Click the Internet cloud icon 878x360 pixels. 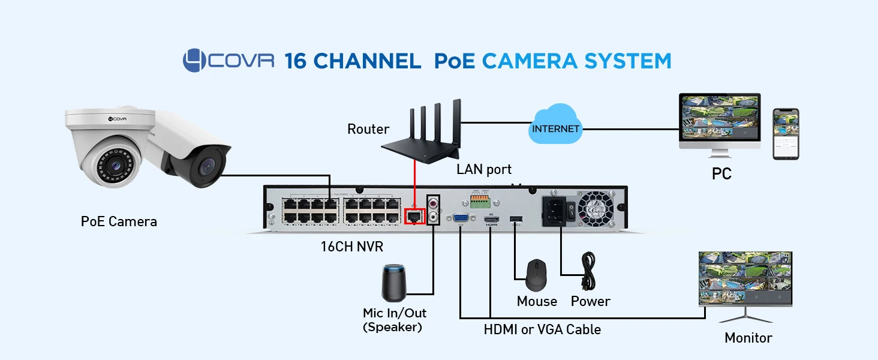555,125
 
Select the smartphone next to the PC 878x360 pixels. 786,134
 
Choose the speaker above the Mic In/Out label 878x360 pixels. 394,282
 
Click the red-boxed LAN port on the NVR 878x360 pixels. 414,215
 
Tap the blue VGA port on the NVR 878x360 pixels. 461,218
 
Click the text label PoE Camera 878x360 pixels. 119,221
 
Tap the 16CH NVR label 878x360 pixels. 352,247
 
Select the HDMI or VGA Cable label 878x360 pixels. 542,329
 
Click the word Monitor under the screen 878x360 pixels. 748,338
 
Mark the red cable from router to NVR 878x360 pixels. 414,180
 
